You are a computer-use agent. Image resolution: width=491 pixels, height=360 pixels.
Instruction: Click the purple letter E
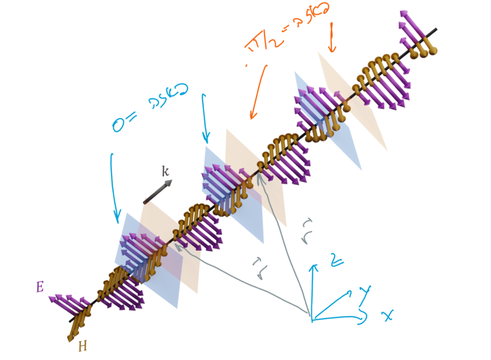[x=39, y=286]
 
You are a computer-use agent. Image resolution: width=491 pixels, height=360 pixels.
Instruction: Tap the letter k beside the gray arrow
[x=164, y=170]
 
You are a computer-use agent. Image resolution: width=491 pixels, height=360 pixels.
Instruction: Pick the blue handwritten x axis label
[x=387, y=316]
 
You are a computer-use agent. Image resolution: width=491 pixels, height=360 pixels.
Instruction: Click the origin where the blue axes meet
[x=312, y=320]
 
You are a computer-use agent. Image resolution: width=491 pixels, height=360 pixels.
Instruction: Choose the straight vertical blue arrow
[x=205, y=117]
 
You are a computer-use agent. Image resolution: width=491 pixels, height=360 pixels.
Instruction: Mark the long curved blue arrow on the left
[x=113, y=184]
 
